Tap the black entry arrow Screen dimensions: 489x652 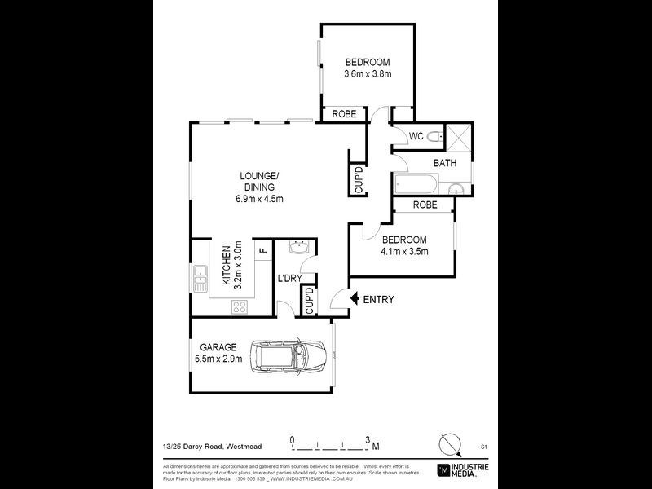353,299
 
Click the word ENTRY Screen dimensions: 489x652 378,300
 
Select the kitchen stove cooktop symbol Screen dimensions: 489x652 240,306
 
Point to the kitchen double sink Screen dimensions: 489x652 200,280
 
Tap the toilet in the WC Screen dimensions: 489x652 434,137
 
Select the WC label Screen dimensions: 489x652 416,136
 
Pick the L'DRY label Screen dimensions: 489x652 290,279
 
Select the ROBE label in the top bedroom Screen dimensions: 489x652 344,114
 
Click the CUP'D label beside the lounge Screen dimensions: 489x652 358,180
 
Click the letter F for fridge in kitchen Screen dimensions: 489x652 262,251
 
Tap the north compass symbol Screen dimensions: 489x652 447,445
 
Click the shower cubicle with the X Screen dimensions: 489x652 457,136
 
